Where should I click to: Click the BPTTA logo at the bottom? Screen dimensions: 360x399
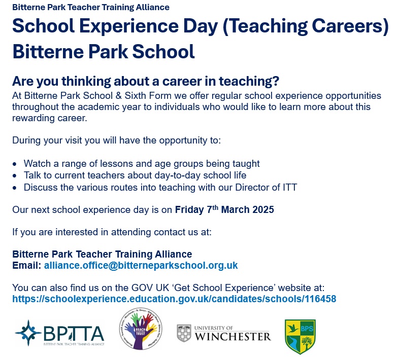[59, 333]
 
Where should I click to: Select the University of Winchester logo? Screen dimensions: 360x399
[224, 333]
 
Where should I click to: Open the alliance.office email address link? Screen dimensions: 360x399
[141, 265]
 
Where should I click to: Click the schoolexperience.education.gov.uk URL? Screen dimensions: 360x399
[174, 299]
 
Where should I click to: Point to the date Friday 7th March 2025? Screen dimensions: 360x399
[224, 209]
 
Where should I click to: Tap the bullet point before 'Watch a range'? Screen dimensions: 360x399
[16, 164]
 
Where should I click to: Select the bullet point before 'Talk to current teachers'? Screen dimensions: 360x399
[16, 175]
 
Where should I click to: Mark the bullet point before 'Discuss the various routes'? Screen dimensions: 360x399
[16, 188]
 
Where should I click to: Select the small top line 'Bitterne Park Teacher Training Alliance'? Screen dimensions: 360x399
[91, 7]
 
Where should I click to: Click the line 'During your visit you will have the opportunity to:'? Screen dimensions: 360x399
[117, 140]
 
